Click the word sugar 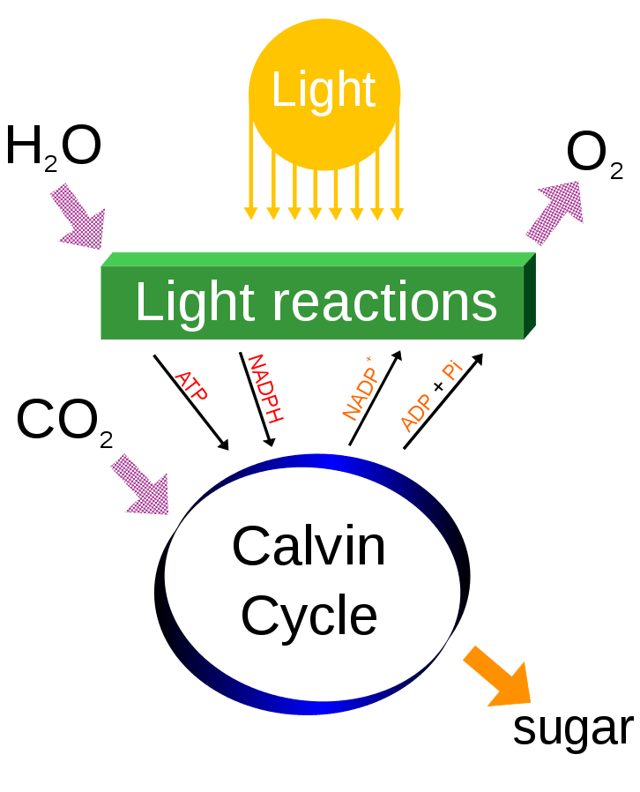(573, 728)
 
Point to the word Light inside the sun (324, 90)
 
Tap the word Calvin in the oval (309, 546)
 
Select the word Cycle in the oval (309, 615)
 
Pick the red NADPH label (262, 389)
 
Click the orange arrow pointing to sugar (498, 676)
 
